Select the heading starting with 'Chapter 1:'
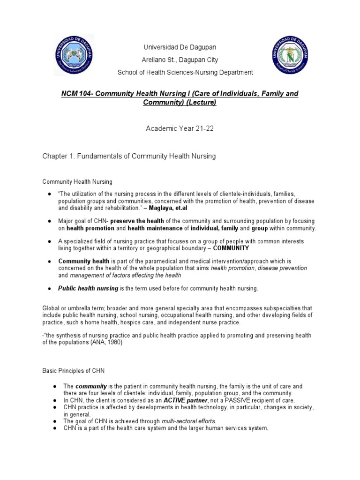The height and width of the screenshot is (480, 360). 129,156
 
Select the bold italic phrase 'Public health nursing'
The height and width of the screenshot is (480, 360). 88,288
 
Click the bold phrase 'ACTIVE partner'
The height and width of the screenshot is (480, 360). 185,401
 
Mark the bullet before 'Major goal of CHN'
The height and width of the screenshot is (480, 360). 49,221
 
